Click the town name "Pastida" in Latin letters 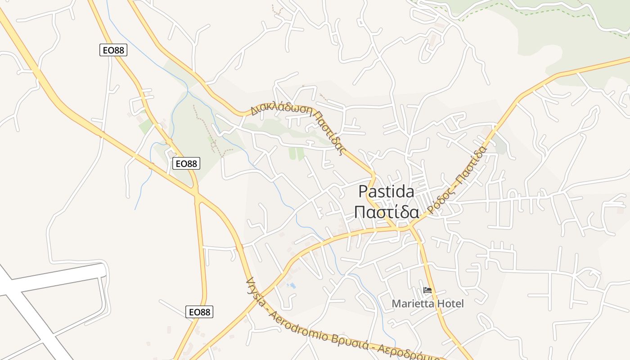click(386, 192)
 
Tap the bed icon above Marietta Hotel click(427, 291)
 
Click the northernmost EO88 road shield click(113, 50)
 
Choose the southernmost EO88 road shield click(199, 312)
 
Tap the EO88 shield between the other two click(186, 163)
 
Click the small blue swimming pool click(292, 286)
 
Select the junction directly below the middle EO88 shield click(197, 194)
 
